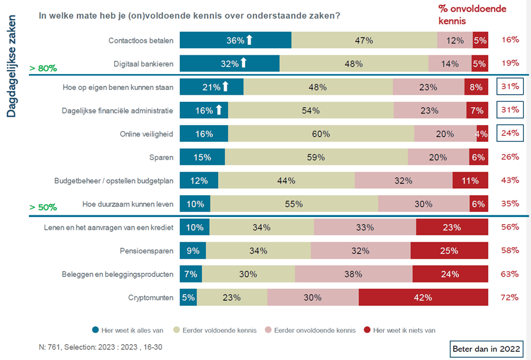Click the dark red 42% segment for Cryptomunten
coord(423,297)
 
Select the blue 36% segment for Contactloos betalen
coord(235,40)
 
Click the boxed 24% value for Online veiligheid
coord(509,134)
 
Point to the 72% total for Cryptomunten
coord(510,297)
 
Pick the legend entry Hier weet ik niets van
coord(400,330)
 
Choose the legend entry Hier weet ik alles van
coord(126,330)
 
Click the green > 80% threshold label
coord(42,68)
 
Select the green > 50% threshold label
coord(43,208)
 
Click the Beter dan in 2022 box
coord(486,348)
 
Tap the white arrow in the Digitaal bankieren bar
coord(243,64)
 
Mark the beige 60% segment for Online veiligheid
coord(320,134)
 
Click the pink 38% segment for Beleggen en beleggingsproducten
coord(353,274)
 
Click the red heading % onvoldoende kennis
coord(472,14)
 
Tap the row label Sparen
coord(162,157)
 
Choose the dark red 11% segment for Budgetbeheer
coord(470,181)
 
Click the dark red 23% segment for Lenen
coord(452,227)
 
